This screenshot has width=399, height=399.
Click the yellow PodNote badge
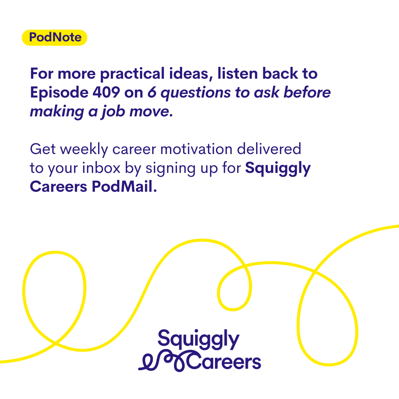pyautogui.click(x=54, y=38)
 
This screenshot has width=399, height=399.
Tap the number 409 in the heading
pyautogui.click(x=106, y=92)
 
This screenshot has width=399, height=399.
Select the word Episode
pyautogui.click(x=59, y=93)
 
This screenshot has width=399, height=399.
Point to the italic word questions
pyautogui.click(x=196, y=93)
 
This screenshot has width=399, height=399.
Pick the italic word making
pyautogui.click(x=57, y=112)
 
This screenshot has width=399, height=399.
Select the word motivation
pyautogui.click(x=196, y=149)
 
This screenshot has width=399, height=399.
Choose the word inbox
pyautogui.click(x=101, y=168)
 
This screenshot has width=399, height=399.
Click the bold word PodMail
pyautogui.click(x=124, y=187)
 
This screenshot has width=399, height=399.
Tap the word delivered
pyautogui.click(x=269, y=149)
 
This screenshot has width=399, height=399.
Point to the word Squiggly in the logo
pyautogui.click(x=198, y=340)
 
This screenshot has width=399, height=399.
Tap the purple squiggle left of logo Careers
pyautogui.click(x=163, y=361)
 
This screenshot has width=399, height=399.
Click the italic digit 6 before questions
pyautogui.click(x=152, y=92)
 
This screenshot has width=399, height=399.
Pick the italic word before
pyautogui.click(x=307, y=92)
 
